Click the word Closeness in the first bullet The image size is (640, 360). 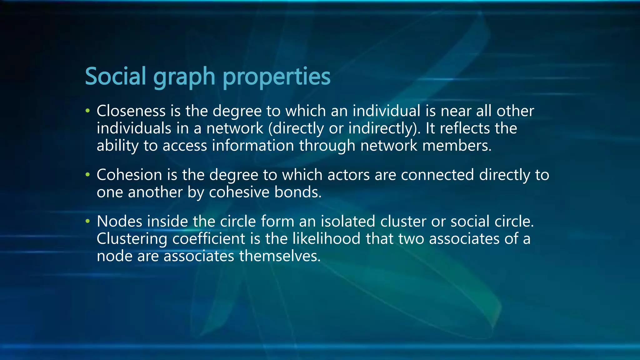[x=131, y=111]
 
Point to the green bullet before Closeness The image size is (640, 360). [x=88, y=111]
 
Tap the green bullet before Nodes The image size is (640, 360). [x=88, y=221]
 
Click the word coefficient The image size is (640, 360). [x=208, y=239]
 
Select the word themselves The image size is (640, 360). [x=280, y=256]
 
